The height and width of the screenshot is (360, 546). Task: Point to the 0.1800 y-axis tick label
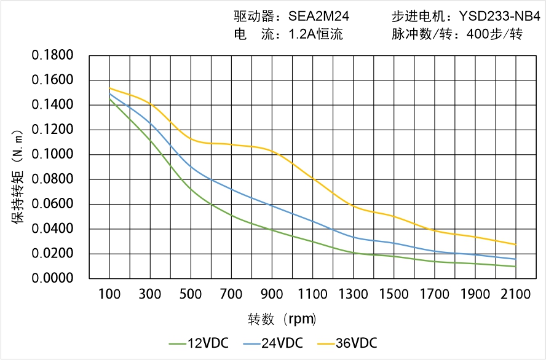click(53, 56)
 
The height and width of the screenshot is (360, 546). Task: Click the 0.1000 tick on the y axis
click(53, 155)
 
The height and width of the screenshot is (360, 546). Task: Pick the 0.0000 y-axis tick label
click(53, 279)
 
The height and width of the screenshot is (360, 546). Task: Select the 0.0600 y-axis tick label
click(53, 205)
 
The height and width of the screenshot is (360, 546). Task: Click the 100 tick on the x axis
click(110, 295)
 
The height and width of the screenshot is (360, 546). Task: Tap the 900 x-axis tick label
click(272, 295)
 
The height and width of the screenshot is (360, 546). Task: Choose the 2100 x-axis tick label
click(515, 295)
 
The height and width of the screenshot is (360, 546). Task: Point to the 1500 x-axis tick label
click(394, 295)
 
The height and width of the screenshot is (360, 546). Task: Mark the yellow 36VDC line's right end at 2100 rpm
click(515, 245)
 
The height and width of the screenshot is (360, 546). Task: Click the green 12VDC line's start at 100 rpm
click(110, 99)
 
